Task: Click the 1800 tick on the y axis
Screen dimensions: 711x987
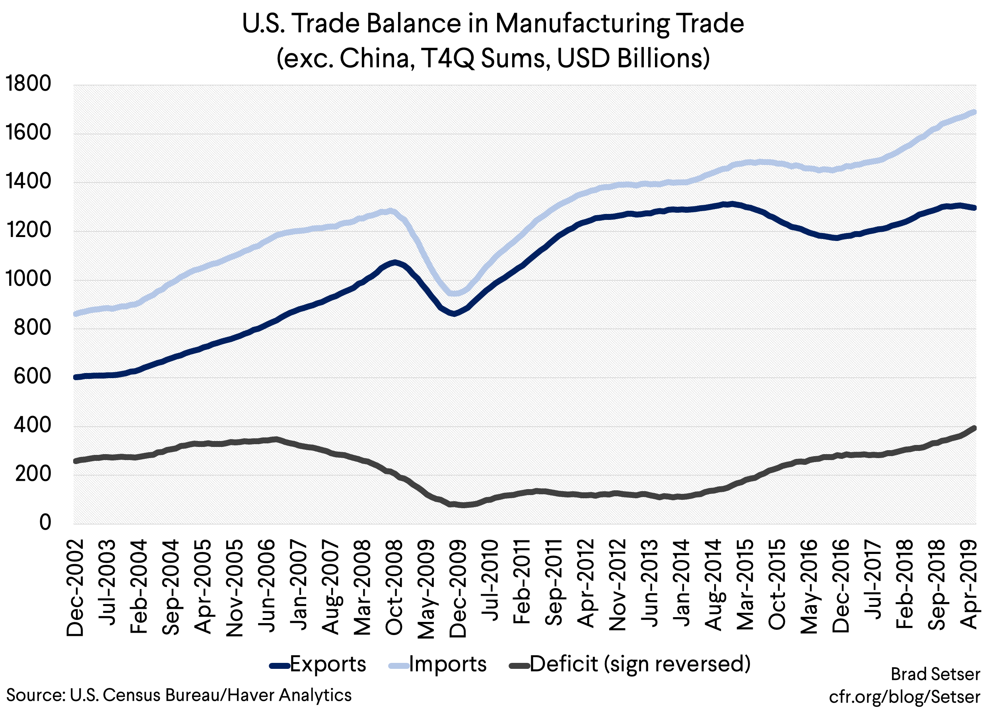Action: (x=28, y=84)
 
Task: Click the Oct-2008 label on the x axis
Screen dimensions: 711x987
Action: (x=394, y=587)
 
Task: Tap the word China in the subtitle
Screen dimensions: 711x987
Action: (x=377, y=58)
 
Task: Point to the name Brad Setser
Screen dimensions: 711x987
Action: (x=935, y=674)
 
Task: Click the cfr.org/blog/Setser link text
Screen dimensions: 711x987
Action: (x=904, y=697)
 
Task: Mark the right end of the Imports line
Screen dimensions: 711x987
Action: (x=974, y=112)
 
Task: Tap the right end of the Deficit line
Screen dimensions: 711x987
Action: (x=974, y=428)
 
